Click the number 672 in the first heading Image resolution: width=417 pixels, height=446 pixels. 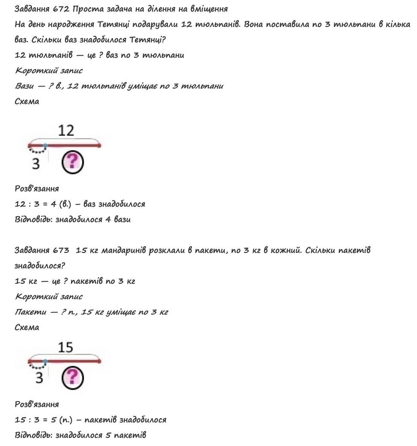click(62, 9)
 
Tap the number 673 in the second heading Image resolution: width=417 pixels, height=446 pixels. click(62, 250)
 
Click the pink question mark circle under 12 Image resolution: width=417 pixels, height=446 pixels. click(73, 162)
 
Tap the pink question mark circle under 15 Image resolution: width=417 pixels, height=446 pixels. click(73, 378)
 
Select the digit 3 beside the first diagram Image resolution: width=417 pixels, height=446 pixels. click(36, 163)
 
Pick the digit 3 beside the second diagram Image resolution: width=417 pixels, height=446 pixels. click(39, 378)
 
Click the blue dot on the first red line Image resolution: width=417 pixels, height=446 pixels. click(45, 146)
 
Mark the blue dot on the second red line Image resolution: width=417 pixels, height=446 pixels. click(45, 361)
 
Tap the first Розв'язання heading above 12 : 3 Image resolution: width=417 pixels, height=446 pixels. click(37, 188)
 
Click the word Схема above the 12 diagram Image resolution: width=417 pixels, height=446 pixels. click(27, 101)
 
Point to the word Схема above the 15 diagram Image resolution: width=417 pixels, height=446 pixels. click(27, 327)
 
